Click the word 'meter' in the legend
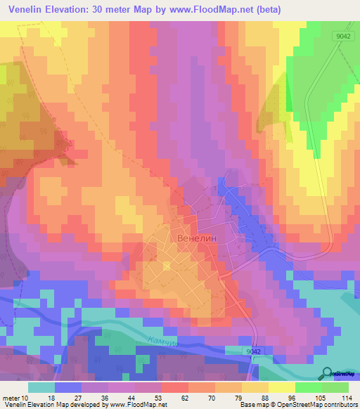pos(11,397)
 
